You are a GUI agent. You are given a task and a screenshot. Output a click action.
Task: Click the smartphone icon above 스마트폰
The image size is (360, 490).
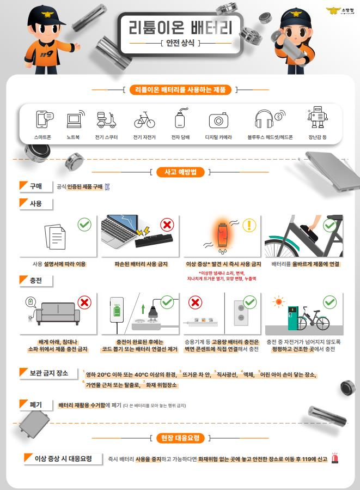(44, 119)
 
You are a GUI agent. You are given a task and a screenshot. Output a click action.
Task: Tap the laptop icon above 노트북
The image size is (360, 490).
(74, 119)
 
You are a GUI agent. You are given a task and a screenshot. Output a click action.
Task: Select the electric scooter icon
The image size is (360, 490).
(106, 119)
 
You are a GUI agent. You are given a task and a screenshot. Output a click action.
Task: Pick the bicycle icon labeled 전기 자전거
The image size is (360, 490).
(144, 119)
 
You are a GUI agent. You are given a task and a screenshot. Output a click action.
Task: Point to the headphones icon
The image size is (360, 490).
(264, 119)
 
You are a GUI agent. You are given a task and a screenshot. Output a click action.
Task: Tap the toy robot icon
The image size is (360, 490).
(317, 118)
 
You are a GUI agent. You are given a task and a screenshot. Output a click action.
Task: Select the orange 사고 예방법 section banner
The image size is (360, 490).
(180, 172)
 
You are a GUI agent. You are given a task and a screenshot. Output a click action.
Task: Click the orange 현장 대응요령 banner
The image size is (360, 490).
(180, 438)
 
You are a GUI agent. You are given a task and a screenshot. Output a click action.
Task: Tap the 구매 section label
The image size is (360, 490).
(35, 186)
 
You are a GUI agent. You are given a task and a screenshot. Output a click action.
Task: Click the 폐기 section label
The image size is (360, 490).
(35, 404)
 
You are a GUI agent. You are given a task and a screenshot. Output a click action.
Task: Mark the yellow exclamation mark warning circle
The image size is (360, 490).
(249, 225)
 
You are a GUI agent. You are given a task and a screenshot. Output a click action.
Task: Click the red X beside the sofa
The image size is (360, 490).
(84, 302)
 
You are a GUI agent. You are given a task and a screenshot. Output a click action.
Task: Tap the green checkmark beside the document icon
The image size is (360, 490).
(84, 224)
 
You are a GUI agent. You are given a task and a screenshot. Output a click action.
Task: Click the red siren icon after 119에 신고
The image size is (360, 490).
(335, 459)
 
